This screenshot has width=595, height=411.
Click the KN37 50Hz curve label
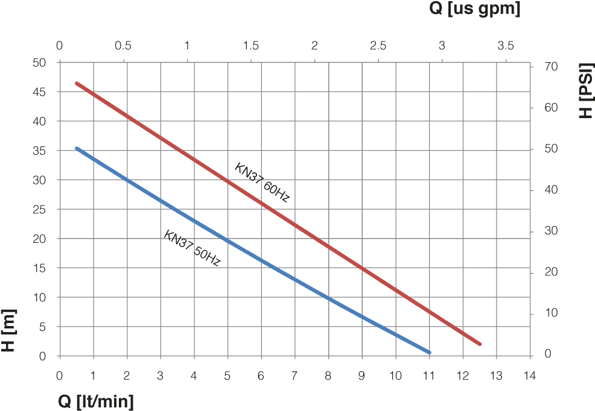coord(192,248)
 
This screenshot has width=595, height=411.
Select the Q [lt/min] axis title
coord(96,401)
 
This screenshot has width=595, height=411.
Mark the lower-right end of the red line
coord(480,344)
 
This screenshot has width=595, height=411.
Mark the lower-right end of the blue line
coord(429,352)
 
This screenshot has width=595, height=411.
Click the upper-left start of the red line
coord(77,83)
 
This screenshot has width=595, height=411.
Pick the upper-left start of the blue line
coord(77,148)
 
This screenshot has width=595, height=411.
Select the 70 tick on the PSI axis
coord(550,66)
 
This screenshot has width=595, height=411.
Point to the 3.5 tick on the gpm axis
coord(506,46)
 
